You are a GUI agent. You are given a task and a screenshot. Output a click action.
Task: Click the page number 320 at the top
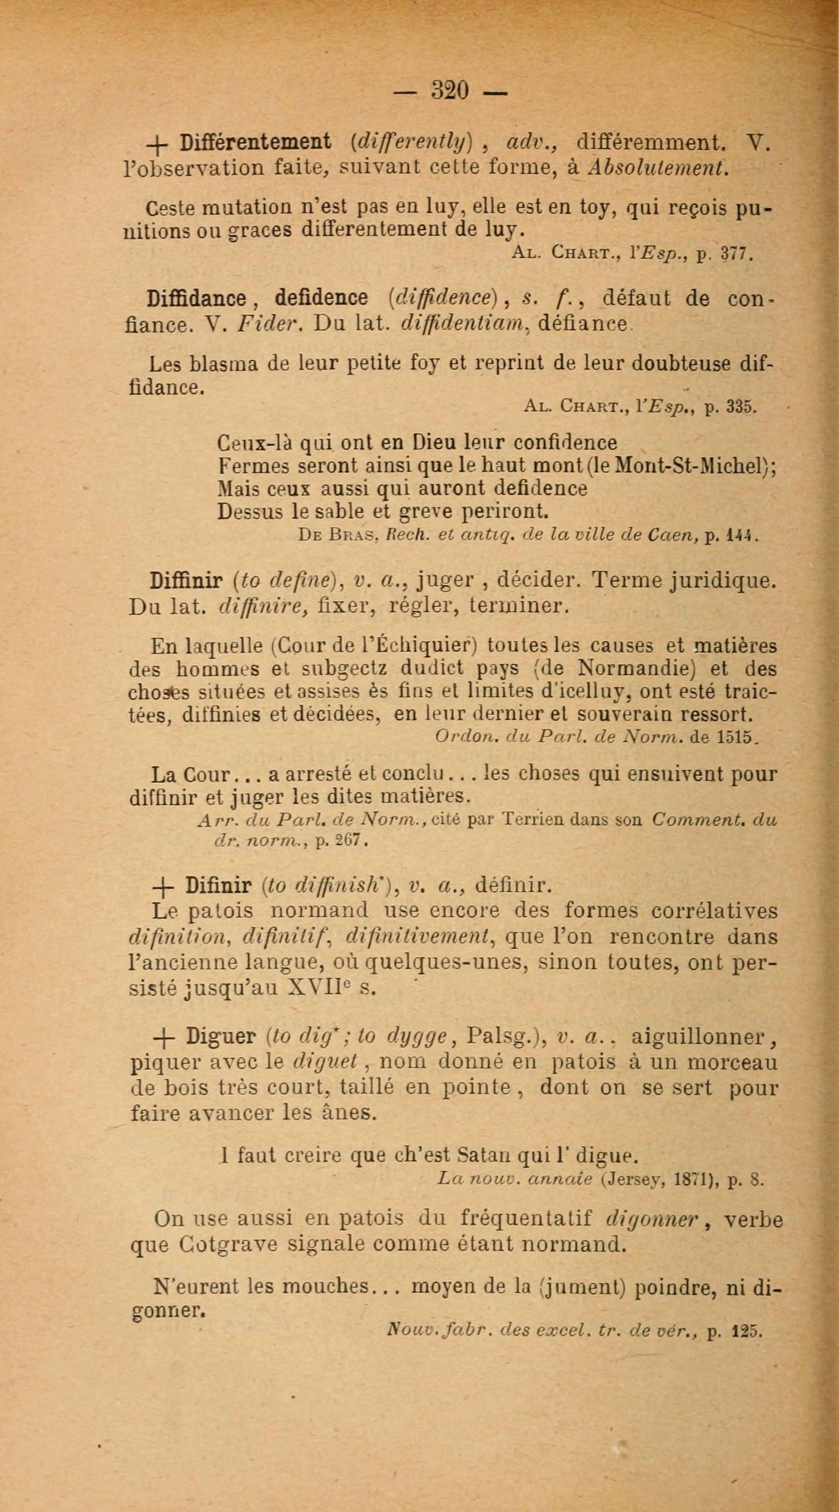450,91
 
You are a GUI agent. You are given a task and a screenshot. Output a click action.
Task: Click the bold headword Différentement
255,142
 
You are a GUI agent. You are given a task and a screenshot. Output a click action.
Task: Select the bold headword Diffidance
197,299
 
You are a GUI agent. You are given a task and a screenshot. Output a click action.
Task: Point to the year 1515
737,738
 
